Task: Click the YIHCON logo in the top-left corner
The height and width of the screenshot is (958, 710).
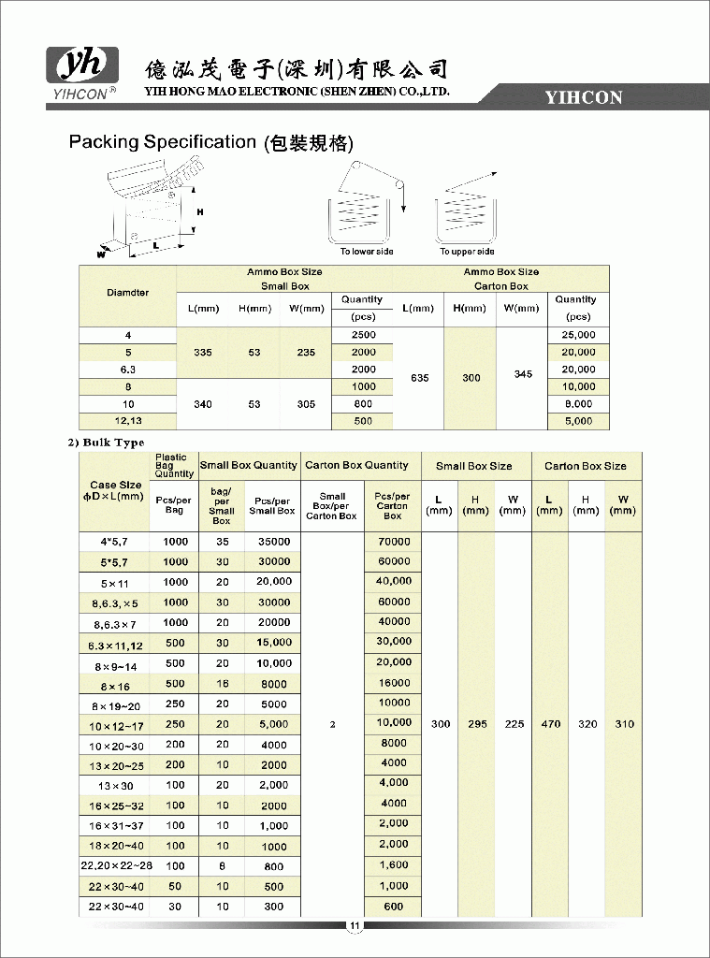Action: (82, 72)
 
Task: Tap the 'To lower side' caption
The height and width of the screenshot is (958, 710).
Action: (367, 252)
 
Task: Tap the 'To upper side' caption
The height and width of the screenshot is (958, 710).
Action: (467, 252)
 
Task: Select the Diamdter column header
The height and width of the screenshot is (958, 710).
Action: (128, 293)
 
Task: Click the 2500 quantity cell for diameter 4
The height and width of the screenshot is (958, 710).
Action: (363, 335)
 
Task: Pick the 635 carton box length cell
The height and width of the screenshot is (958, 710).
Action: (419, 378)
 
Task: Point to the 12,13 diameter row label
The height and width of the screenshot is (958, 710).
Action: (128, 421)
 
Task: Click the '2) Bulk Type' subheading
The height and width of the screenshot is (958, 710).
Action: (106, 443)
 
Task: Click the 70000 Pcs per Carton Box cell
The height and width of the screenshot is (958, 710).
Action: (394, 541)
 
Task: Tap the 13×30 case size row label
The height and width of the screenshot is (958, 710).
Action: (116, 786)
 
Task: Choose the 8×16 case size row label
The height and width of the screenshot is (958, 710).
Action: (116, 685)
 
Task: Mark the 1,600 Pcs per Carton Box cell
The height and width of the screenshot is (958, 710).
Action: (394, 865)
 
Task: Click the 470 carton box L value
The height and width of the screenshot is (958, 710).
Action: (551, 724)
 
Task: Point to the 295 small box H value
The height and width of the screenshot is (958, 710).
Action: (477, 724)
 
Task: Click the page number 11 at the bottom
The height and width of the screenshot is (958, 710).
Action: (355, 927)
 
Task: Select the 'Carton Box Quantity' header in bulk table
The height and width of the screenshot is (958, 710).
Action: (356, 465)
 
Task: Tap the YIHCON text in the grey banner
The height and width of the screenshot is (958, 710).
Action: (584, 97)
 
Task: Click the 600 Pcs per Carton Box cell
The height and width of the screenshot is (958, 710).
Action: (394, 906)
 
